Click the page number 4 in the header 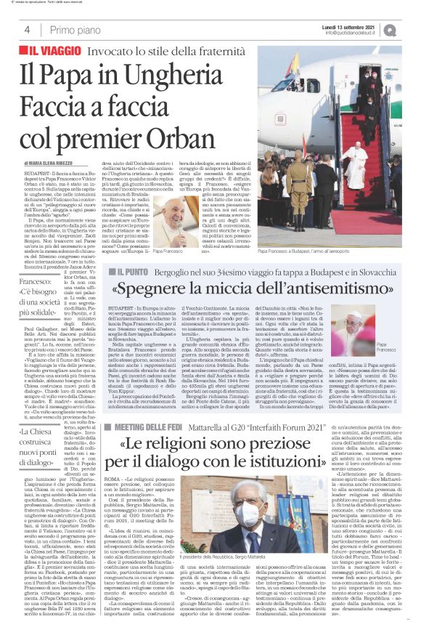coord(27,30)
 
